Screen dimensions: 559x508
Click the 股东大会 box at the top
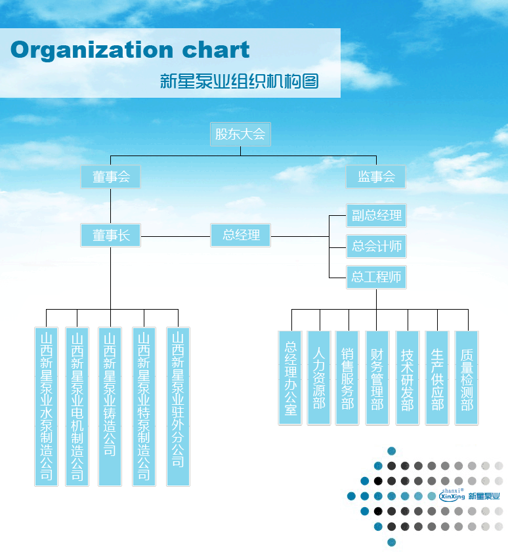pos(240,135)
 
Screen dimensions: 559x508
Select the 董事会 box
pos(111,177)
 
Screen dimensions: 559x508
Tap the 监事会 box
pos(376,177)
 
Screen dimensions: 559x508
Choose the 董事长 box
pos(111,236)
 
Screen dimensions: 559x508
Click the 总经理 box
pos(241,235)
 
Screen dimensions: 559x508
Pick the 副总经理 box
pos(376,215)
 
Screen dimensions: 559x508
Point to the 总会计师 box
pos(376,246)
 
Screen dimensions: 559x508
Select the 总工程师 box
pos(376,277)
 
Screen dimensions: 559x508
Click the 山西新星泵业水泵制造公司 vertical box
pos(47,406)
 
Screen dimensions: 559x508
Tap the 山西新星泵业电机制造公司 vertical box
pos(77,406)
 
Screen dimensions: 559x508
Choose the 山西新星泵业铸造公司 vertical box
pos(110,406)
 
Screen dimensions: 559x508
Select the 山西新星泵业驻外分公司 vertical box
pos(178,406)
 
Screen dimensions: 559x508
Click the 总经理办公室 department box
pos(291,378)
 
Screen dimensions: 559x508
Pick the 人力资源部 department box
pos(319,378)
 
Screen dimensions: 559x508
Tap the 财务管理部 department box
pos(377,378)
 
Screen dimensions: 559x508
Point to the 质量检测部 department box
pos(467,378)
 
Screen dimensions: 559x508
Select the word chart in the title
pos(215,51)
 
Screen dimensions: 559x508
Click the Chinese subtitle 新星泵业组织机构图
pos(240,81)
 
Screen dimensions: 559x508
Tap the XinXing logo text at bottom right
pos(453,496)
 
